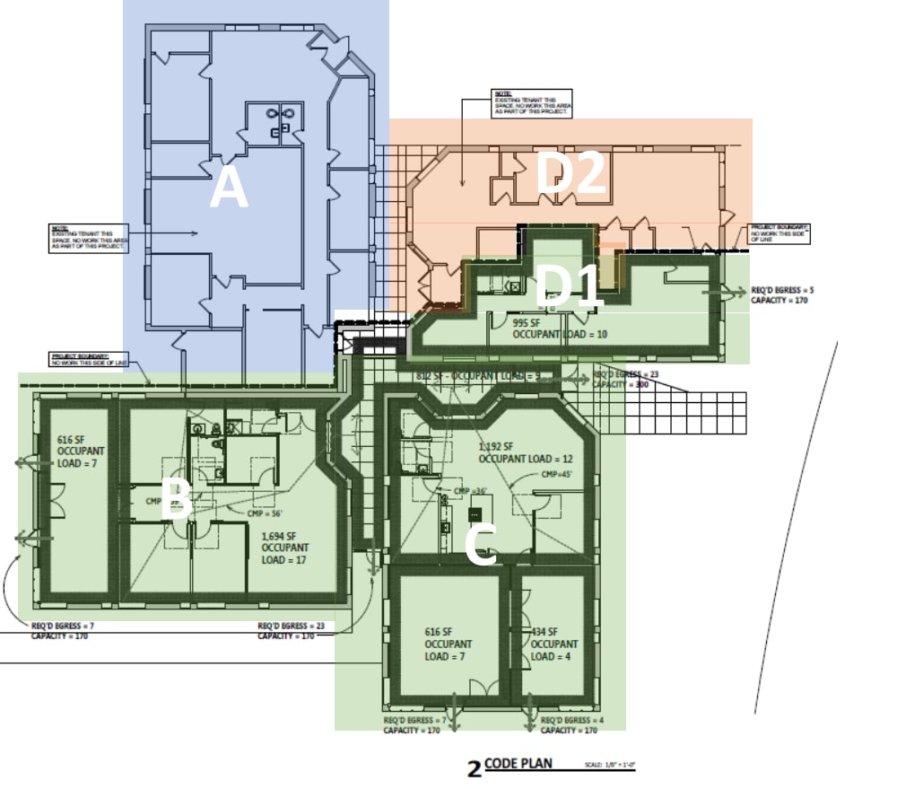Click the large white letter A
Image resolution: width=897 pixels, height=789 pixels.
click(x=229, y=190)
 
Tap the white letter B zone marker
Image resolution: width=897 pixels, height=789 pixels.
click(x=176, y=499)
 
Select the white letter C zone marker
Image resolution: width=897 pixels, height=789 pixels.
click(x=482, y=545)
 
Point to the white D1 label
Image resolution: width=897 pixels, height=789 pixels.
click(x=568, y=287)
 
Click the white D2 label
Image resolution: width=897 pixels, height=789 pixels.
click(x=570, y=174)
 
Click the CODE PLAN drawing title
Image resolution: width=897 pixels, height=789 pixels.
click(x=518, y=764)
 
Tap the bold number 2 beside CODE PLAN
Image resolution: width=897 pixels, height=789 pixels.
click(x=475, y=768)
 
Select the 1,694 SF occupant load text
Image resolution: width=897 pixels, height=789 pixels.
click(x=285, y=548)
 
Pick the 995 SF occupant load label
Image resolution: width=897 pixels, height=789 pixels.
click(x=560, y=328)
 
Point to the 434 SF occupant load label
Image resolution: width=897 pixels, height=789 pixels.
click(x=554, y=644)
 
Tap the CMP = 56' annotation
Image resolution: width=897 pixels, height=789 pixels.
click(x=265, y=513)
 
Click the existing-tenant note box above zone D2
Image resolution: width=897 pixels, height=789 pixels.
click(x=532, y=102)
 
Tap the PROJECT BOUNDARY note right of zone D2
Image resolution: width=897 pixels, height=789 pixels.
click(x=779, y=234)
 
